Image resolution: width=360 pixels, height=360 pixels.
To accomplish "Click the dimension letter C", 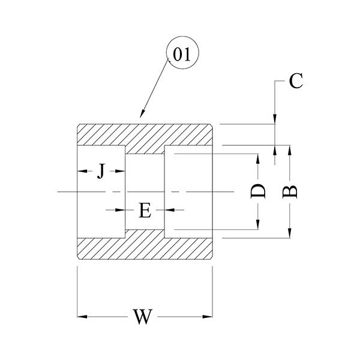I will (x=295, y=82).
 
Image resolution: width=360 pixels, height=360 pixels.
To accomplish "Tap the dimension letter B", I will (x=290, y=191).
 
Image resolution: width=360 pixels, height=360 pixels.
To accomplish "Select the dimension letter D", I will (x=258, y=191).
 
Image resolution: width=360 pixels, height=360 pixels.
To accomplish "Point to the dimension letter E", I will (x=145, y=210).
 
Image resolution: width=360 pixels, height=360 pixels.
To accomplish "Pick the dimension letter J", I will (x=101, y=172).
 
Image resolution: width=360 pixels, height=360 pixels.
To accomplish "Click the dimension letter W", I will (x=142, y=316).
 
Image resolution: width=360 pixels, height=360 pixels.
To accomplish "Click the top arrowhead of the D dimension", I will (x=258, y=158).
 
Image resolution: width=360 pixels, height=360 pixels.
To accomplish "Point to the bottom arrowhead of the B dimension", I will (x=290, y=235).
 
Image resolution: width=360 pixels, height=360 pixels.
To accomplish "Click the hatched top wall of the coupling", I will (x=144, y=134).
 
